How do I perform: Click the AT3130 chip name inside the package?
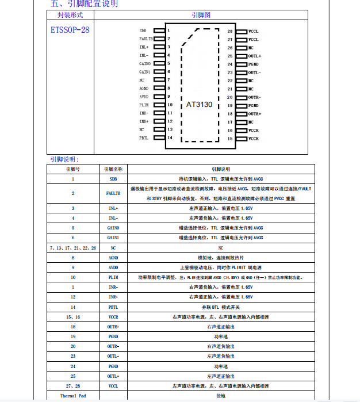(200, 105)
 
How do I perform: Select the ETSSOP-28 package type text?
(70, 29)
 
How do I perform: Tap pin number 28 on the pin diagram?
(230, 30)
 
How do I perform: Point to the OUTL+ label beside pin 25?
(255, 56)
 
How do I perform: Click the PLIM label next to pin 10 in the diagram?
(144, 105)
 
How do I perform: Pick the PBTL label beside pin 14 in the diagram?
(144, 138)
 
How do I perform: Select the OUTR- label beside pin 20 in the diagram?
(255, 97)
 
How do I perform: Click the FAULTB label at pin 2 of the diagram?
(146, 39)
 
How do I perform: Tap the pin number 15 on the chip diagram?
(230, 139)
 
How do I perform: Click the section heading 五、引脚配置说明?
(83, 4)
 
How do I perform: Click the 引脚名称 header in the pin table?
(113, 169)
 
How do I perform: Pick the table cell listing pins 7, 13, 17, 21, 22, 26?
(73, 247)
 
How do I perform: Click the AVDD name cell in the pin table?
(113, 267)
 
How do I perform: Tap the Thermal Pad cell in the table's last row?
(73, 396)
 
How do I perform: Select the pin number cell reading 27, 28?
(73, 386)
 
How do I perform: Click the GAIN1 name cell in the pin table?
(113, 238)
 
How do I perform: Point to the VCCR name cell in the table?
(113, 317)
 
